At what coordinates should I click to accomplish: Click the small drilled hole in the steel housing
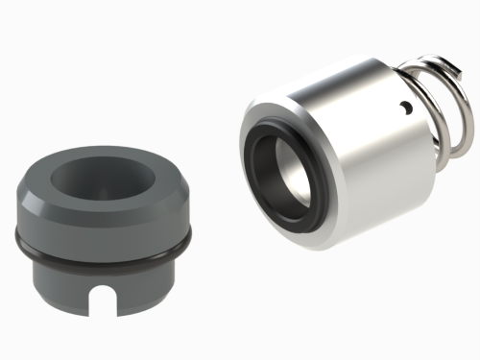coord(407,106)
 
